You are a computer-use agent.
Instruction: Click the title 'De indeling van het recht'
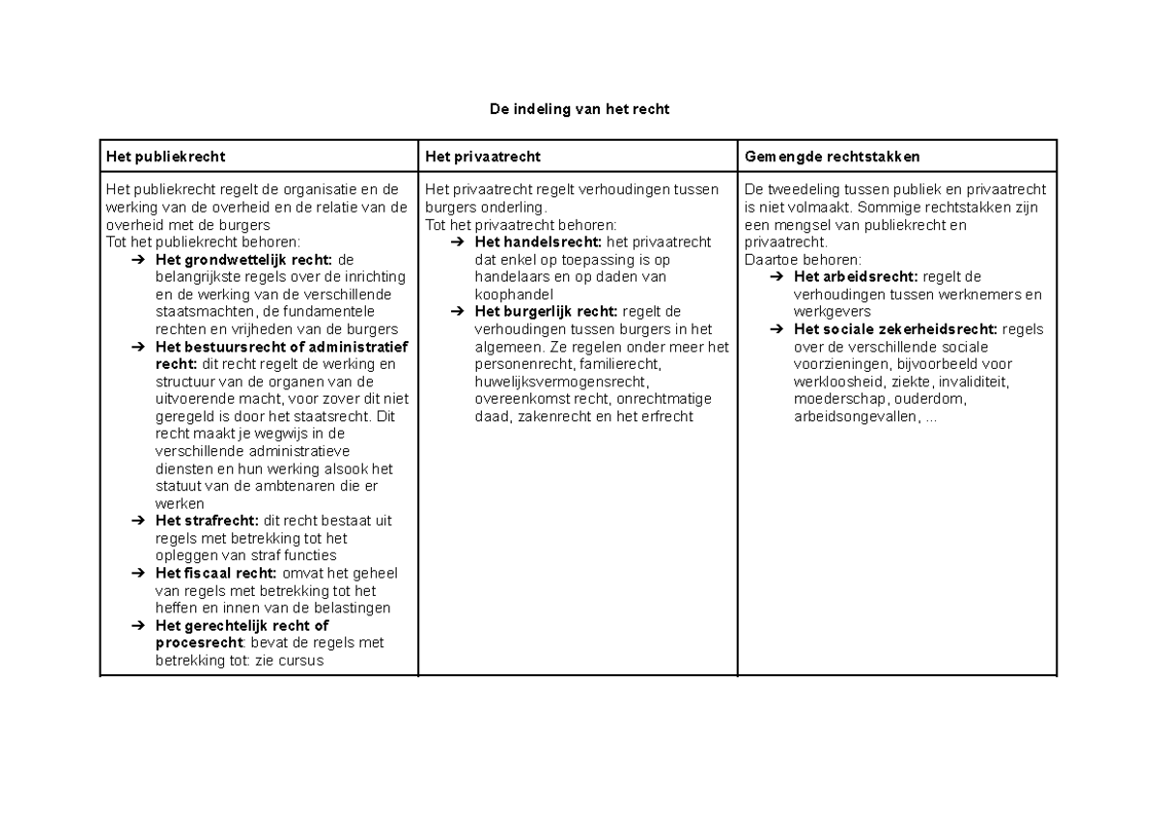[579, 109]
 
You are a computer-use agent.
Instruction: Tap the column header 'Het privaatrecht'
[482, 156]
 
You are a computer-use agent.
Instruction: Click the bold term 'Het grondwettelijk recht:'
[243, 260]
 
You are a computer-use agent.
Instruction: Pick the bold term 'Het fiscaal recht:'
[215, 573]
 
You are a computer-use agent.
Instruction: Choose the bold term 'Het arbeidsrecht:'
[855, 277]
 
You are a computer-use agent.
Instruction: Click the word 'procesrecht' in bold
[197, 642]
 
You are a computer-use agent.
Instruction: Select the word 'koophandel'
[514, 295]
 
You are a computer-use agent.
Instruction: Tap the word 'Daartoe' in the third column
[769, 260]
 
